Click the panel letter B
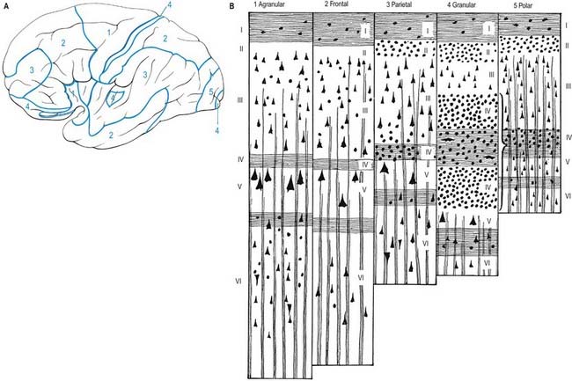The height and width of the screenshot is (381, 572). [231, 6]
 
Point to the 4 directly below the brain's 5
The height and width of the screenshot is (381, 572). [216, 130]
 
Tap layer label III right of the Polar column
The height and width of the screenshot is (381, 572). [568, 85]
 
